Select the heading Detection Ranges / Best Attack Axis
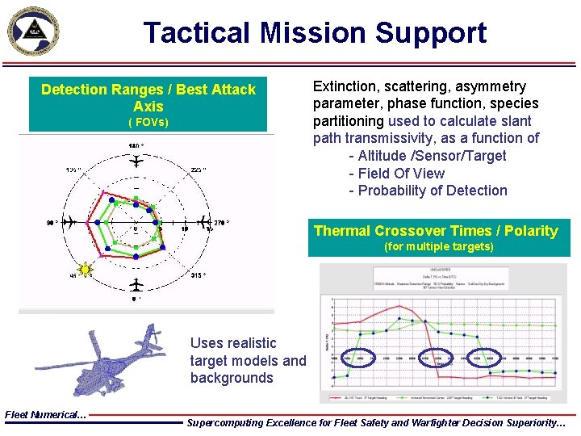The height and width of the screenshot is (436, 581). coord(148,98)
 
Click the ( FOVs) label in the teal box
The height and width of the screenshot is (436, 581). coord(148,123)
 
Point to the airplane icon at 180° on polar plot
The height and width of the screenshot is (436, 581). coord(136,161)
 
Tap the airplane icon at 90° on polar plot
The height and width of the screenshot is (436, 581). coord(71,221)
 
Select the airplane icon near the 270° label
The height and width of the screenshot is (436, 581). coord(200,221)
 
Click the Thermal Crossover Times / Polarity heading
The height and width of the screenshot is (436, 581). coord(436,231)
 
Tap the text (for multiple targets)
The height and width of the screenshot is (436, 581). coord(439,246)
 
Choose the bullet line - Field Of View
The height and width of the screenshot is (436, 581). coord(396,174)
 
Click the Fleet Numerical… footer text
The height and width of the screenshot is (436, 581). coord(45,414)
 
